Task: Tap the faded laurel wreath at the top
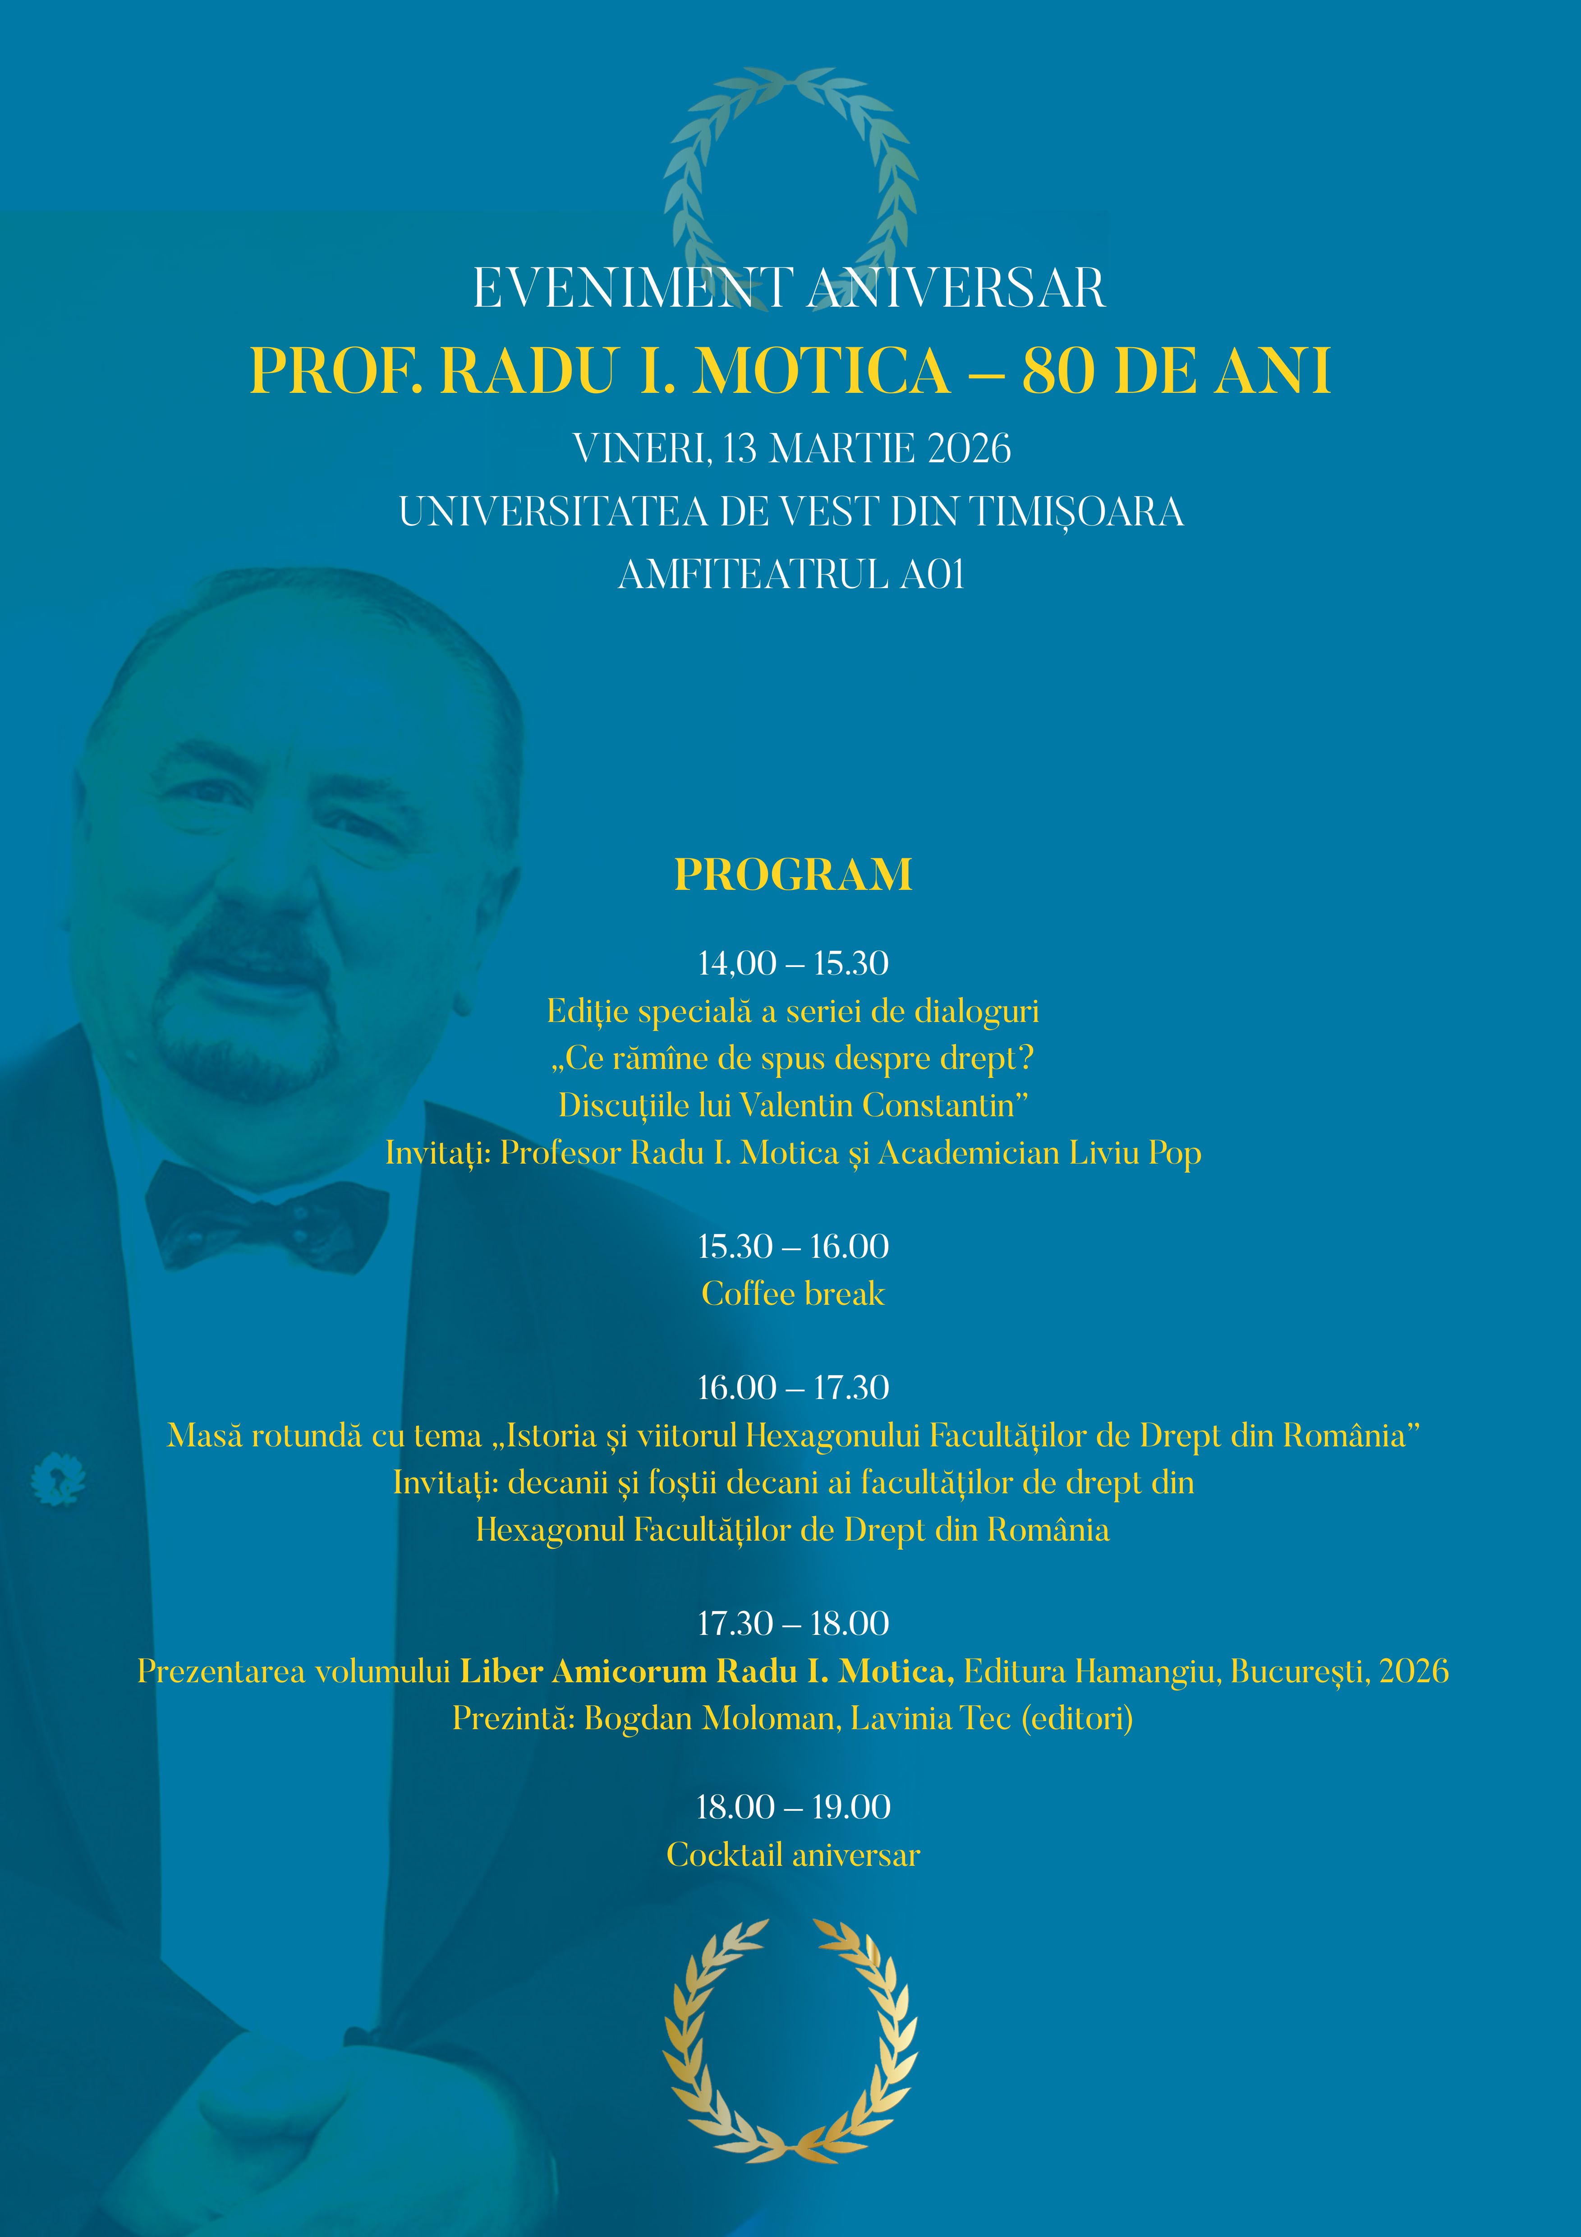click(790, 175)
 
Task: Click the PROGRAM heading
click(793, 874)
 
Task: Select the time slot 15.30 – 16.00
click(793, 1246)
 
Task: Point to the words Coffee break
click(793, 1294)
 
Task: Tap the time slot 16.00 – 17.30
click(793, 1387)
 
